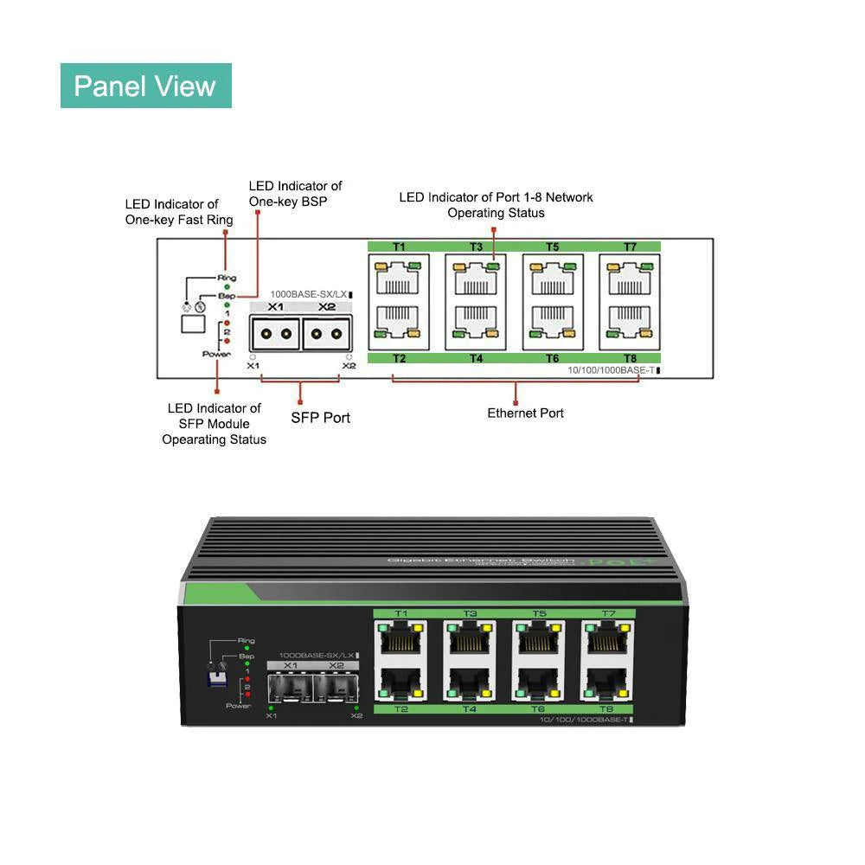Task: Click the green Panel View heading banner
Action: pos(145,86)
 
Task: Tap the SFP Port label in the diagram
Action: pos(320,418)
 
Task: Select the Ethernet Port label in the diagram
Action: pos(525,413)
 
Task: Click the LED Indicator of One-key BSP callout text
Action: pos(295,194)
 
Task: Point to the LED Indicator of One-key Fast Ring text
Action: pos(178,212)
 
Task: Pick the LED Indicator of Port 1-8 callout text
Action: pos(496,205)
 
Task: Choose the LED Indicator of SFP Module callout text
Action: pos(214,424)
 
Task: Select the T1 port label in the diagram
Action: pos(399,247)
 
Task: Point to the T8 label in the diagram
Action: pos(630,358)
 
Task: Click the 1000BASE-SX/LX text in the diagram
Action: pos(308,295)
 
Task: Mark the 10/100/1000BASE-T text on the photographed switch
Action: pos(585,720)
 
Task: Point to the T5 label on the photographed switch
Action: pos(539,613)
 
